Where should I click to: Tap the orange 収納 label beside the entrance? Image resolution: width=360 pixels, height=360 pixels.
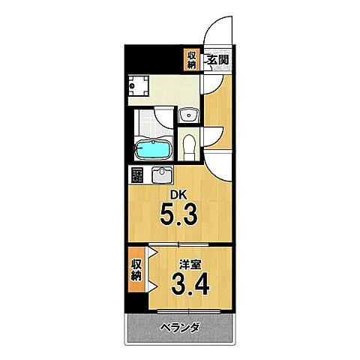tap(192, 58)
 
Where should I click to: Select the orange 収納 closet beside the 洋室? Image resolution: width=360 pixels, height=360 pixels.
tap(136, 268)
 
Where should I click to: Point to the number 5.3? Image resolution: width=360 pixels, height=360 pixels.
tap(178, 217)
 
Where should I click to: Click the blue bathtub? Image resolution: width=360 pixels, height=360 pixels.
tap(154, 149)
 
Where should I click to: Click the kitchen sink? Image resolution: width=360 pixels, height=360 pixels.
tap(163, 176)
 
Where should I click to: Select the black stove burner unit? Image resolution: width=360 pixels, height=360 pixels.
tap(137, 176)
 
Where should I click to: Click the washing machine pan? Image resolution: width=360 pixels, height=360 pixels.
tap(139, 87)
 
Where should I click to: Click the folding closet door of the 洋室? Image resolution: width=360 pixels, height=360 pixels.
tap(151, 271)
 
